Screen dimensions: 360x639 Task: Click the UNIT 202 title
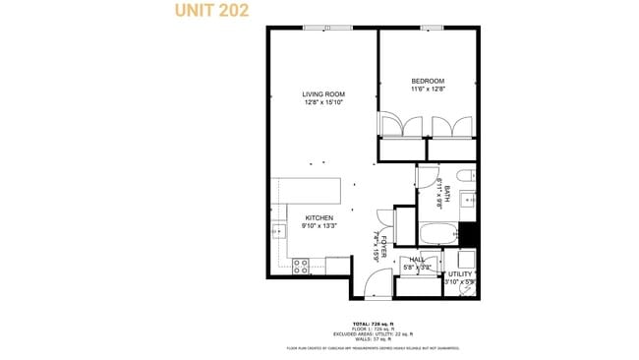click(211, 11)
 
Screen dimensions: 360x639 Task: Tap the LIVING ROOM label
click(323, 94)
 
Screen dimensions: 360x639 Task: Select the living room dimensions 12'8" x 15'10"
click(323, 102)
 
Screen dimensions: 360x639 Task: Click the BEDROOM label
click(428, 81)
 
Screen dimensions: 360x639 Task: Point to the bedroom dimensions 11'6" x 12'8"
click(428, 89)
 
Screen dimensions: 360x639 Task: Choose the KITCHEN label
click(319, 217)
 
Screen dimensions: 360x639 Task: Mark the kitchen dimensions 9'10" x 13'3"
click(319, 225)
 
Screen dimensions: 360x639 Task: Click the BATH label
click(446, 194)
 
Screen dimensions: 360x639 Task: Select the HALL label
click(417, 260)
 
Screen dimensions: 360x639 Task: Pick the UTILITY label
click(460, 274)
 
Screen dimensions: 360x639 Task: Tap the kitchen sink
click(277, 232)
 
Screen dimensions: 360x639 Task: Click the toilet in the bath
click(469, 177)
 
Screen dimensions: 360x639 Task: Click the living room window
click(326, 28)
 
